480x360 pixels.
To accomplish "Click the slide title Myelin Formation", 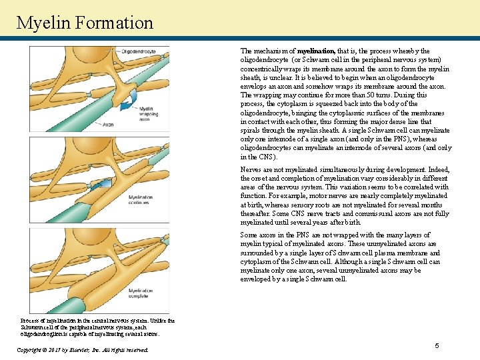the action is tap(85, 23).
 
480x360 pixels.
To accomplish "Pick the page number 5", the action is tap(437, 345).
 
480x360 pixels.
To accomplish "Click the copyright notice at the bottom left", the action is tap(81, 349).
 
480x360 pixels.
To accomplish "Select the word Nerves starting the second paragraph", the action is tap(251, 170).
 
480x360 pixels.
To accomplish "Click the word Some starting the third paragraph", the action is tap(249, 235).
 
